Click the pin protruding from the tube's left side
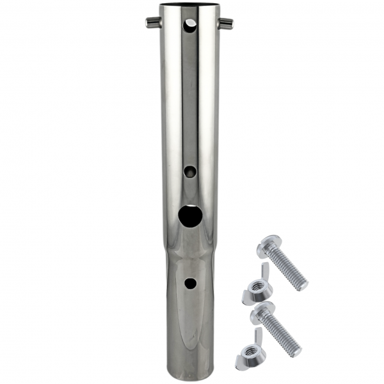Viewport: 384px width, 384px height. [152, 23]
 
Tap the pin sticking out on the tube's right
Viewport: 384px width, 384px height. [226, 24]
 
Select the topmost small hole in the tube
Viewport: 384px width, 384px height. [190, 24]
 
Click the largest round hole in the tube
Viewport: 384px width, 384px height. [189, 215]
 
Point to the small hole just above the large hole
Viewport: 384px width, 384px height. [189, 172]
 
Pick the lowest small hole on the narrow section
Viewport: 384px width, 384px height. [189, 282]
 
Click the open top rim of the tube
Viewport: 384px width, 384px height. [189, 7]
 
